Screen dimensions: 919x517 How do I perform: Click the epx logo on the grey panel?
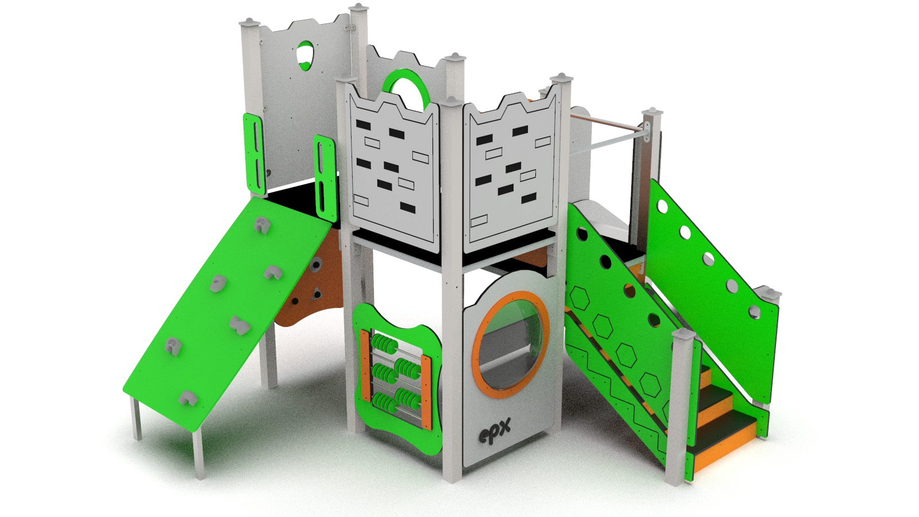(495, 431)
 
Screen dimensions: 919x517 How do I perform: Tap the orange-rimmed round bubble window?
(511, 344)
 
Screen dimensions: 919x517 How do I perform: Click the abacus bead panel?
(397, 378)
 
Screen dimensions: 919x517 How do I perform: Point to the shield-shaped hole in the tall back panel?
(304, 55)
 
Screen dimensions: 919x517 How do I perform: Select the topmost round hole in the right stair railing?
(662, 206)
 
